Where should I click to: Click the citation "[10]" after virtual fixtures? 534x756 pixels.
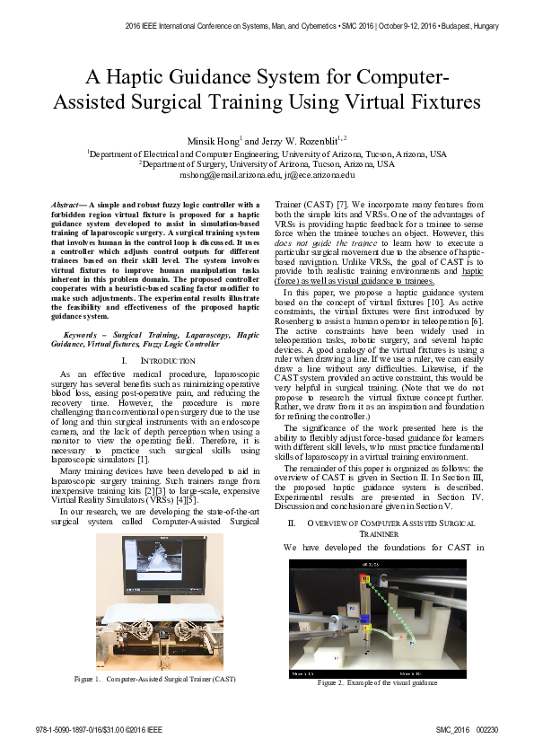tap(419, 303)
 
